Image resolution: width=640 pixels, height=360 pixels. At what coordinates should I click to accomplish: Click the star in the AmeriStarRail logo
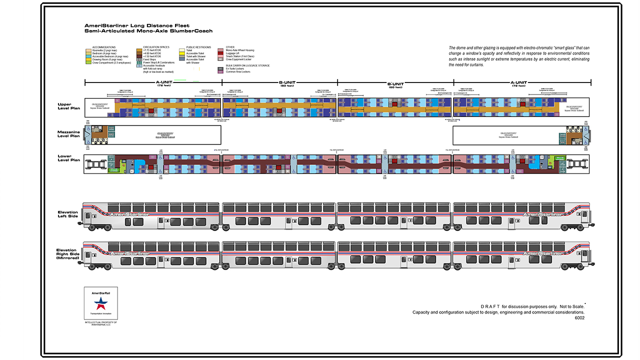101,302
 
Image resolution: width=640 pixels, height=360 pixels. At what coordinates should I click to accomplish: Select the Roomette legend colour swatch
88,50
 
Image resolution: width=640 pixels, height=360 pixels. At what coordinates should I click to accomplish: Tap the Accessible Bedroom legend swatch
88,56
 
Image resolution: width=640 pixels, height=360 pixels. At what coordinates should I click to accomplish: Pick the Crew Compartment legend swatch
88,62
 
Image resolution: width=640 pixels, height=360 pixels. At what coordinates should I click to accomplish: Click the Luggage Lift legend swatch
220,53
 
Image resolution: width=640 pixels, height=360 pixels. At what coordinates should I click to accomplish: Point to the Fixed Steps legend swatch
138,59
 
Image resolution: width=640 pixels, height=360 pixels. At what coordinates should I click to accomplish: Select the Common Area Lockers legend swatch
220,71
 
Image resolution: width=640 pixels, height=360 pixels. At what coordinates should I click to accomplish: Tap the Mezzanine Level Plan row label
68,133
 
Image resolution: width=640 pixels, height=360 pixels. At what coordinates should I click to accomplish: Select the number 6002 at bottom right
579,317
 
